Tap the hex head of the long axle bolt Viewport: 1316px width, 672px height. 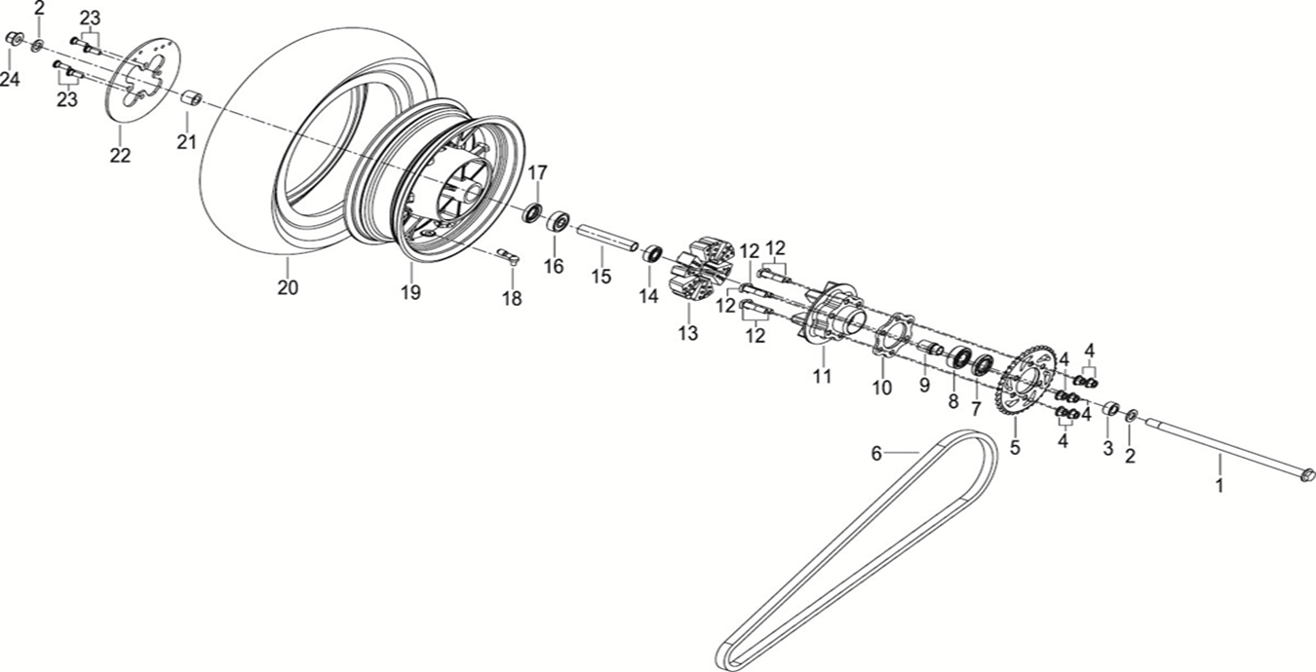tap(1307, 476)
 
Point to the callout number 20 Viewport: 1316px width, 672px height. tap(288, 287)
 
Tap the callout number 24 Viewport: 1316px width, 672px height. tap(10, 80)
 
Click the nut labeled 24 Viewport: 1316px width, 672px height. tap(14, 39)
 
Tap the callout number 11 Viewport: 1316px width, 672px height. tap(823, 376)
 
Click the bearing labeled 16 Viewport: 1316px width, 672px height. tap(559, 221)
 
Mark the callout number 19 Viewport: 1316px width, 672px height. tap(410, 292)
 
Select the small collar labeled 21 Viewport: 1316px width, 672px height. tap(192, 99)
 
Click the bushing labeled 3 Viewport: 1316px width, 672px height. tap(1109, 407)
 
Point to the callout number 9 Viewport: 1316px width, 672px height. tap(925, 386)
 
